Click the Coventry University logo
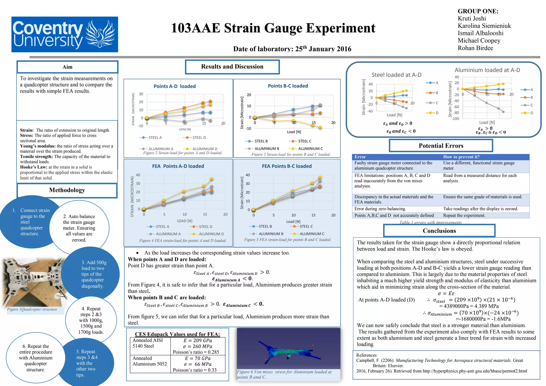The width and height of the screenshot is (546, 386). (x=65, y=34)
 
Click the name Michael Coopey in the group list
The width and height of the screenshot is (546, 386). (x=479, y=41)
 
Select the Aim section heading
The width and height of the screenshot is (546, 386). (x=67, y=67)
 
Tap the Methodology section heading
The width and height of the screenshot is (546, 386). (x=67, y=190)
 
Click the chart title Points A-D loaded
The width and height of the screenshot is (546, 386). (x=175, y=86)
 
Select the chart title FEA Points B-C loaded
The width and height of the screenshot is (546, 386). (x=287, y=166)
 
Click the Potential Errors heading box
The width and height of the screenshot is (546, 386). (x=441, y=146)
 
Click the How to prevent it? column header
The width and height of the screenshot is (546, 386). (x=461, y=157)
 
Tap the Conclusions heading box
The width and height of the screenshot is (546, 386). (x=439, y=231)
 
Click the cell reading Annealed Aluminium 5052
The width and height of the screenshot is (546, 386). (x=150, y=361)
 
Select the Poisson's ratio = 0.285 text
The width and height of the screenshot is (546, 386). (x=196, y=352)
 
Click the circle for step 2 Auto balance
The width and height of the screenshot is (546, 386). (x=79, y=228)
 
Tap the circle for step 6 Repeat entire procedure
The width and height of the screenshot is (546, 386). (x=35, y=358)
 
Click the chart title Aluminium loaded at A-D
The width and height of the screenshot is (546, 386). (x=487, y=70)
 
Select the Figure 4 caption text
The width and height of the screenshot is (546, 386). (x=183, y=240)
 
